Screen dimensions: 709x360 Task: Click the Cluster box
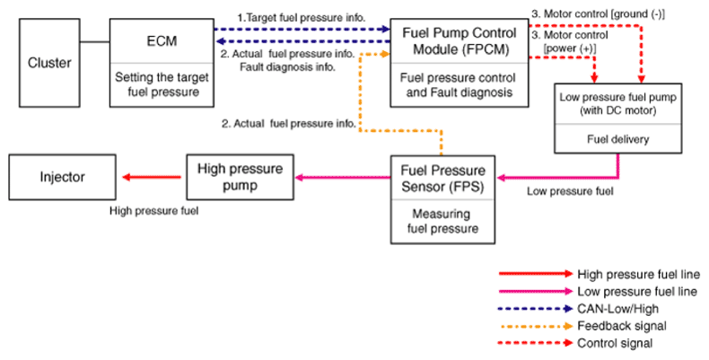tap(49, 63)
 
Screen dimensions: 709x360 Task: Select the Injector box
tap(63, 177)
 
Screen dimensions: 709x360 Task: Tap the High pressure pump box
tap(241, 177)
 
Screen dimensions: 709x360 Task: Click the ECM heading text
tap(162, 41)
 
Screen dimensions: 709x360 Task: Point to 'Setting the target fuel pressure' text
tap(162, 84)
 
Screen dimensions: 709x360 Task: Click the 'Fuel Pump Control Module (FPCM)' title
tap(460, 40)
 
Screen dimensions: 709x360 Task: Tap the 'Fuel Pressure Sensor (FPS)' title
tap(443, 178)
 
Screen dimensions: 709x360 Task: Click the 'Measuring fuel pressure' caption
tap(442, 221)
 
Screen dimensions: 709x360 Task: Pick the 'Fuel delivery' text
tap(617, 139)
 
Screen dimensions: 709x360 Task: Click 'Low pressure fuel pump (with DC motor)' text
tap(617, 103)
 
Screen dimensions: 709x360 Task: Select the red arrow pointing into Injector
tap(152, 177)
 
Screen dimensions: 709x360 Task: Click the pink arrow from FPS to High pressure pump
tap(343, 177)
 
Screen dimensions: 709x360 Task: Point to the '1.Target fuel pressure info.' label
tap(302, 18)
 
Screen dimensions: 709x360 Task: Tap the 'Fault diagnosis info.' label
tap(287, 67)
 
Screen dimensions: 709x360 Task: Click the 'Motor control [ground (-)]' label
tap(598, 14)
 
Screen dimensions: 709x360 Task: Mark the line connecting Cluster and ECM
tap(95, 42)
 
